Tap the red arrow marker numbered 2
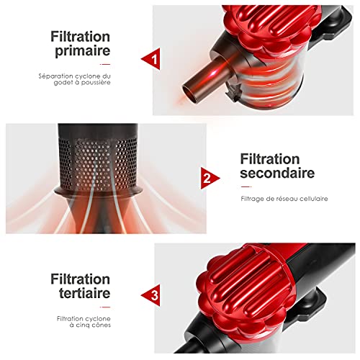pyautogui.click(x=209, y=178)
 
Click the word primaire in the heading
pyautogui.click(x=83, y=51)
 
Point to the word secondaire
pyautogui.click(x=277, y=173)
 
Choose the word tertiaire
pyautogui.click(x=84, y=293)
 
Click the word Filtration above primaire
pyautogui.click(x=80, y=37)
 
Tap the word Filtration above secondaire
pyautogui.click(x=270, y=159)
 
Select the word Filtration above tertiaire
pyautogui.click(x=80, y=279)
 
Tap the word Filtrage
pyautogui.click(x=251, y=199)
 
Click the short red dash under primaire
pyautogui.click(x=105, y=64)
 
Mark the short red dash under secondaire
pyautogui.click(x=246, y=186)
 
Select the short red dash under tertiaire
pyautogui.click(x=105, y=307)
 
